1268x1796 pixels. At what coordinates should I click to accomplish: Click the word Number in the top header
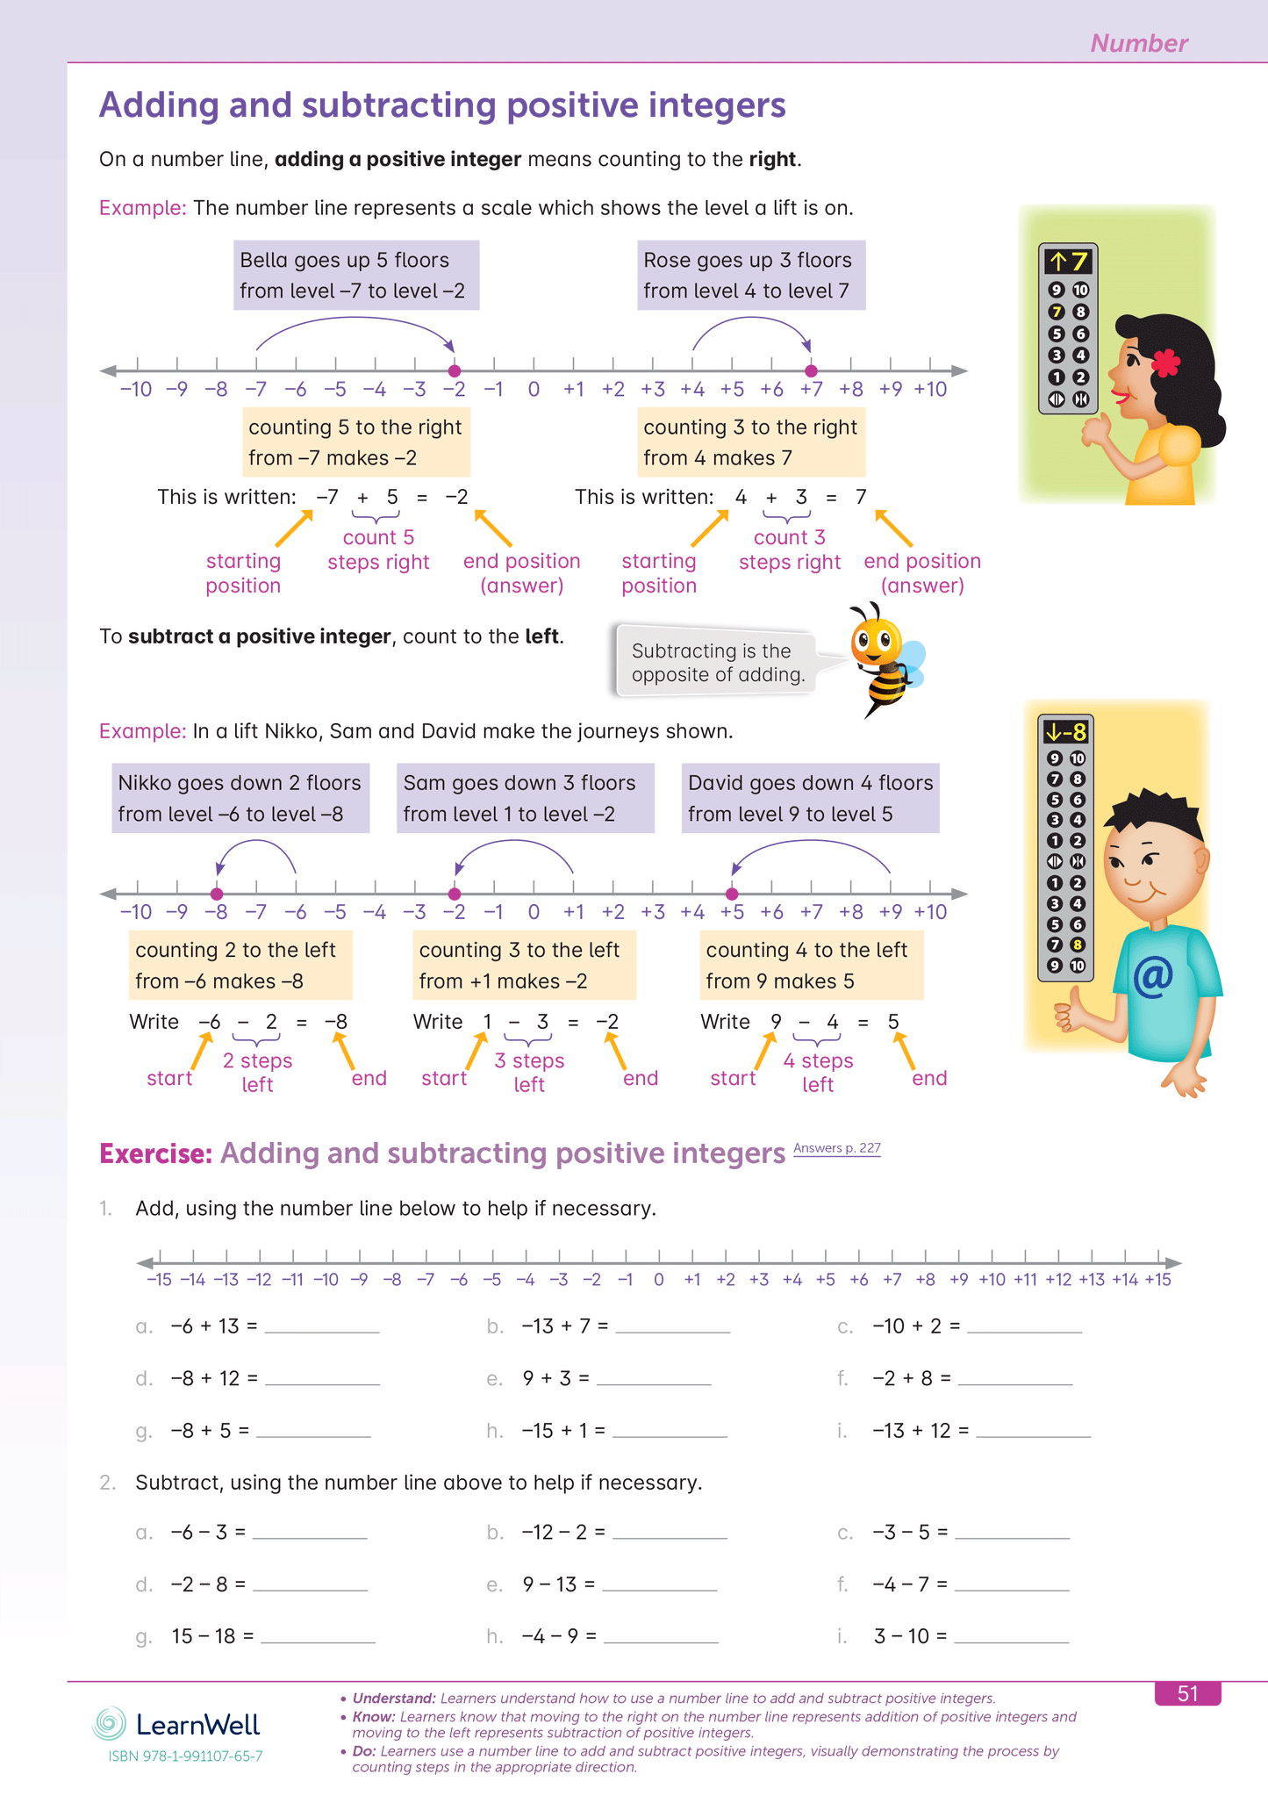(x=1138, y=43)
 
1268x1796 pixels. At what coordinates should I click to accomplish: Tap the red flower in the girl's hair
(x=1165, y=362)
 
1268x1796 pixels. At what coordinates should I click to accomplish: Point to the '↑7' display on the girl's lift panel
(x=1067, y=262)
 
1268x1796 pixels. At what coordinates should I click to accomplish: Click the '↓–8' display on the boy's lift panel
(x=1065, y=731)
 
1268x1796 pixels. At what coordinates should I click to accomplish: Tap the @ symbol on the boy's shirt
(x=1152, y=976)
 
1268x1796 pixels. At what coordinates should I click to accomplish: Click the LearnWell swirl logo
(x=110, y=1724)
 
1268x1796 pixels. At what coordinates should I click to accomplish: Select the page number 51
(x=1187, y=1693)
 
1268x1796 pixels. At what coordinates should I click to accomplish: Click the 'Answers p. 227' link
(x=836, y=1148)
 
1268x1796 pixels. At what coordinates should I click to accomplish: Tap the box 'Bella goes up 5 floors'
(x=356, y=275)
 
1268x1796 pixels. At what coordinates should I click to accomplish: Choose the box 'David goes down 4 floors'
(x=810, y=798)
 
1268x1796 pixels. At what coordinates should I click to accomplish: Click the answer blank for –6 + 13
(x=322, y=1327)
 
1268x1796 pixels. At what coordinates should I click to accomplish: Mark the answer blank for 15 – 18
(x=318, y=1637)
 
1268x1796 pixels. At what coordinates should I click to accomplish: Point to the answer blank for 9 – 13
(x=659, y=1585)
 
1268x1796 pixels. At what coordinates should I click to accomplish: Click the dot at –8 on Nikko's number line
(x=217, y=894)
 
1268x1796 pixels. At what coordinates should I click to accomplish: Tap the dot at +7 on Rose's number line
(x=811, y=370)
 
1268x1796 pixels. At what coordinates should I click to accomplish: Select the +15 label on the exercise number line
(x=1157, y=1280)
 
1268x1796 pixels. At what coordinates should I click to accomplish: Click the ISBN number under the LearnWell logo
(x=185, y=1756)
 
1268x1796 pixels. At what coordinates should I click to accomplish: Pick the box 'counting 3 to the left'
(x=524, y=966)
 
